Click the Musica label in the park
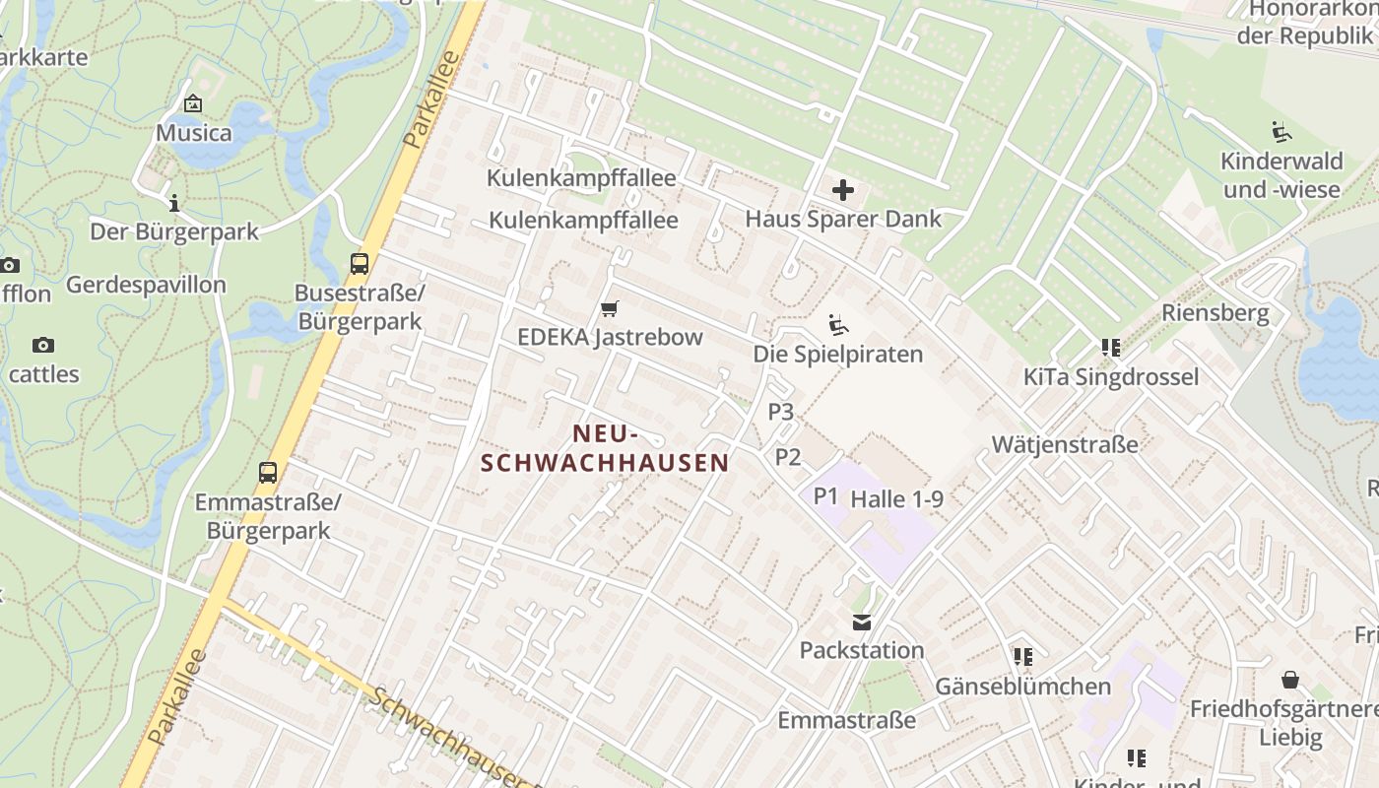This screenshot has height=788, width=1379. click(194, 133)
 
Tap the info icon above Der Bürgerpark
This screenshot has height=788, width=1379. click(174, 203)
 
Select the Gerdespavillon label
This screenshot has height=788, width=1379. click(146, 286)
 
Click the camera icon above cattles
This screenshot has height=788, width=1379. click(42, 345)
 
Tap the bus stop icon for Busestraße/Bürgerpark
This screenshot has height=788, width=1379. click(360, 264)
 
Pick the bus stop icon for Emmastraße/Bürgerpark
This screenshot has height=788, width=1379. click(268, 472)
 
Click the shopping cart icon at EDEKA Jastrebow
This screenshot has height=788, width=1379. click(610, 309)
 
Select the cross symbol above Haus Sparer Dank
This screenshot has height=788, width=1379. click(843, 189)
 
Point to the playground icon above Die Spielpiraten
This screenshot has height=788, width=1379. click(838, 324)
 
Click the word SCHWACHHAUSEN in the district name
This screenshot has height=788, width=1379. click(605, 463)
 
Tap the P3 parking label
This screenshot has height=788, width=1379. click(780, 412)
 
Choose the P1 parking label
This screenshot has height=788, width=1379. click(825, 496)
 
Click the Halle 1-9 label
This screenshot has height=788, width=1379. click(896, 499)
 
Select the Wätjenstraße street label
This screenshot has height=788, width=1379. click(1065, 444)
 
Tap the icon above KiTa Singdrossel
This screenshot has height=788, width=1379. click(1111, 348)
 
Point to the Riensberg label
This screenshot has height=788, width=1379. click(1215, 313)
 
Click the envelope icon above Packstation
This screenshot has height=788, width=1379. click(862, 622)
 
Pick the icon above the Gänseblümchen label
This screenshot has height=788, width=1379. click(1022, 656)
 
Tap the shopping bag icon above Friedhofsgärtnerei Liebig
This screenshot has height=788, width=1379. click(1289, 680)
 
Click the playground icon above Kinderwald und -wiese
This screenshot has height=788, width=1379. click(1280, 132)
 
